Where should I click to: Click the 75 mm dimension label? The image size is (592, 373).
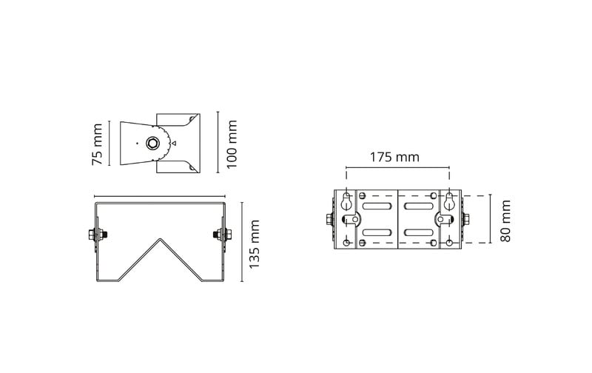[x=98, y=144]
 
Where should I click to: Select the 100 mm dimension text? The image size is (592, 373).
[x=232, y=144]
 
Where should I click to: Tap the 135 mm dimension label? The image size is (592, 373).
[x=255, y=244]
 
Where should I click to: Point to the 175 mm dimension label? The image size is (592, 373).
[x=394, y=157]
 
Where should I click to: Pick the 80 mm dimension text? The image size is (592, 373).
[x=505, y=221]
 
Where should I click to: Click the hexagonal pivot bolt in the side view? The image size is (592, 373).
[x=153, y=143]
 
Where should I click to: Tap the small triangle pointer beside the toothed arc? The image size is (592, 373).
[x=174, y=143]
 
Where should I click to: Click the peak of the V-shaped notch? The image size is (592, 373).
[x=160, y=238]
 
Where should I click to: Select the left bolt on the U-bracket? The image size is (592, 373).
[x=98, y=235]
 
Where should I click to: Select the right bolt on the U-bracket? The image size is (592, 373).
[x=223, y=235]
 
